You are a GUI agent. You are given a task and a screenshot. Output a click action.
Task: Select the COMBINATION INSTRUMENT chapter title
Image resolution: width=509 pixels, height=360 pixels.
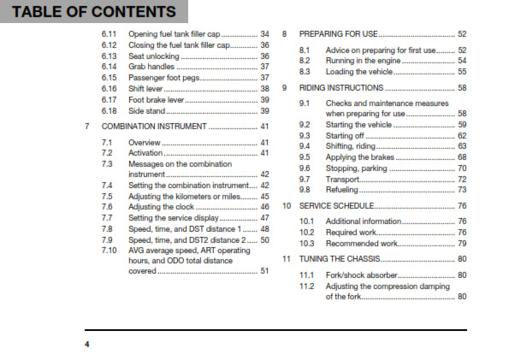tap(155, 126)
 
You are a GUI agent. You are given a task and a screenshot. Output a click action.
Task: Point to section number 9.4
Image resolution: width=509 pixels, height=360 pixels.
tap(305, 146)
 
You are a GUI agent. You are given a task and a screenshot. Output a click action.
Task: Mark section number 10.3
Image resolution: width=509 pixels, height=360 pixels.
tap(306, 243)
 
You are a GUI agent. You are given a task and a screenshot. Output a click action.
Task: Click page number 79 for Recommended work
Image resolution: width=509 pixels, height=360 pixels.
tap(461, 243)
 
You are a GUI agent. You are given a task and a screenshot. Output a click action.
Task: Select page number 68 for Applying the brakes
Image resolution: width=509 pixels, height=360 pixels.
tap(461, 157)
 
